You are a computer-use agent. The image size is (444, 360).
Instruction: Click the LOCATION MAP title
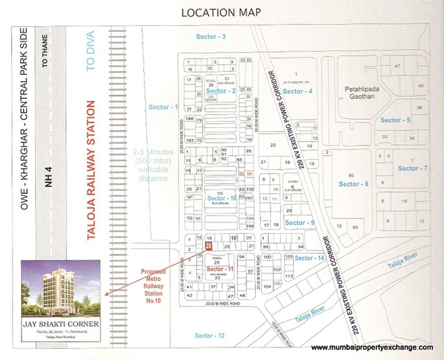point(222,12)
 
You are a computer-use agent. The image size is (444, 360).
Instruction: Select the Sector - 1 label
point(163,107)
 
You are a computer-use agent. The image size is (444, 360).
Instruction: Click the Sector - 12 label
point(210,335)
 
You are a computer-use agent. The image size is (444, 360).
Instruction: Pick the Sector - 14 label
point(310,258)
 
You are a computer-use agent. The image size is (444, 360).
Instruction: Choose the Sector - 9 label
point(300,222)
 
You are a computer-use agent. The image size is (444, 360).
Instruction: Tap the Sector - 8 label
point(353,183)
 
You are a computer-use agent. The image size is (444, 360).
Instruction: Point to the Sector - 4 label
point(299,91)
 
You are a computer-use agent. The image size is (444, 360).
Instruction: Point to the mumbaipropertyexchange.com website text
point(372,346)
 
